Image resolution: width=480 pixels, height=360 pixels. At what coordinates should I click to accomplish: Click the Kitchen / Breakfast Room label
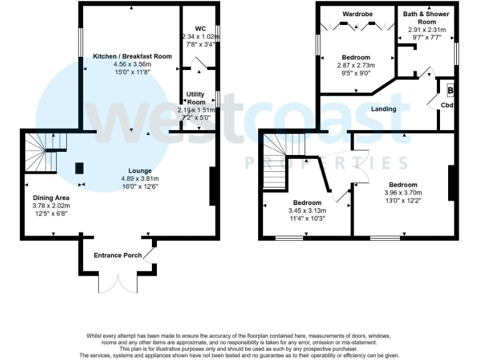click(132, 56)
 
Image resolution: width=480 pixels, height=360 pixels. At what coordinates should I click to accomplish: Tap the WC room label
click(200, 28)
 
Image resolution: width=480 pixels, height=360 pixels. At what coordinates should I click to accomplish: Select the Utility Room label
click(196, 98)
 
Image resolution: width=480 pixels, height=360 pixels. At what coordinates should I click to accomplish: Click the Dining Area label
click(51, 197)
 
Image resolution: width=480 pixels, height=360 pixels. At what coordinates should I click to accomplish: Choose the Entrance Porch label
click(117, 255)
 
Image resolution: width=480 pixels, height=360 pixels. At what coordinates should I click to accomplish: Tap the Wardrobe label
click(357, 13)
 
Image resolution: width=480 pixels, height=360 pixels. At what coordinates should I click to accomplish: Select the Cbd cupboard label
click(447, 105)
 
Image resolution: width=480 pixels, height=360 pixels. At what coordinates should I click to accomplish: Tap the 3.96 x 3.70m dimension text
click(403, 193)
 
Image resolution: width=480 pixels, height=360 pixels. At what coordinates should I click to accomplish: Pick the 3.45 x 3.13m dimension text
click(307, 211)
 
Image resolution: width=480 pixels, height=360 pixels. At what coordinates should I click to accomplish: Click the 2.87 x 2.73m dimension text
click(356, 65)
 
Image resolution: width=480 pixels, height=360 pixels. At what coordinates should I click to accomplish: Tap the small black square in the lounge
click(79, 168)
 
